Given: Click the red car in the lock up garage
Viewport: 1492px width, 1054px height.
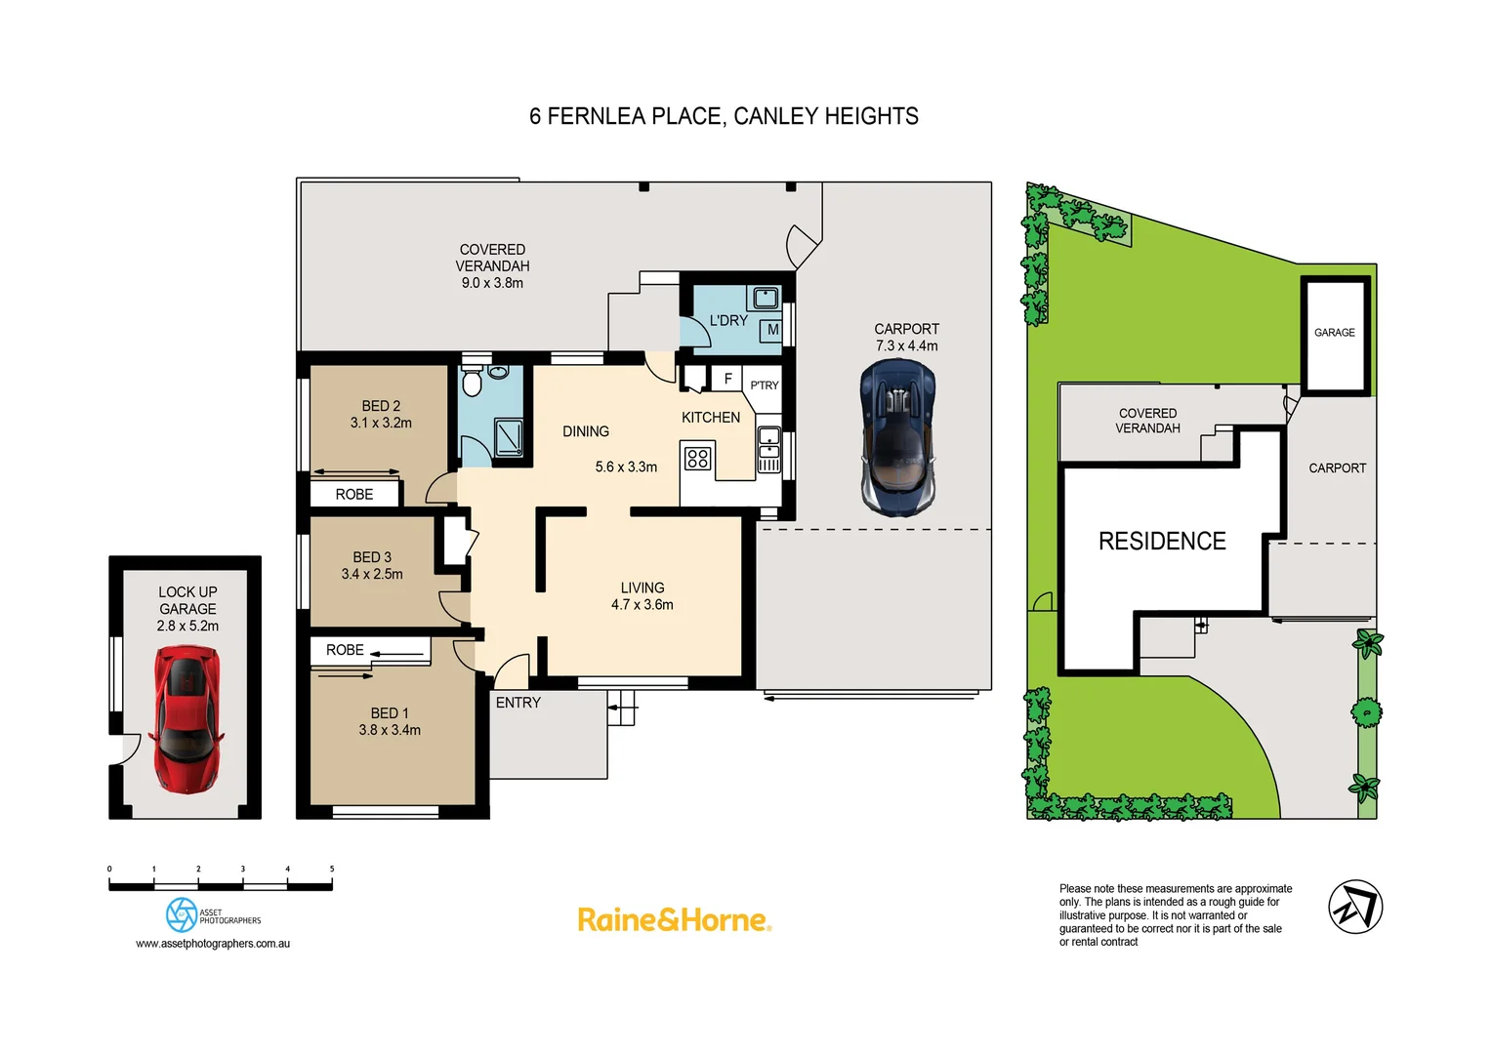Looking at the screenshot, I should (x=186, y=720).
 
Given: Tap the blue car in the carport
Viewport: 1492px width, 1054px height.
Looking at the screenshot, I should (x=897, y=436).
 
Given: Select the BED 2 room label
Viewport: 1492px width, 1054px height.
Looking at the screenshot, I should (x=381, y=406).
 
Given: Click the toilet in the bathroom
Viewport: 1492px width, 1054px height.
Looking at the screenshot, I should (x=472, y=382).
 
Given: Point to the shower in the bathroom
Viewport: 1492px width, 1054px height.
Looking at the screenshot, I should (x=508, y=437).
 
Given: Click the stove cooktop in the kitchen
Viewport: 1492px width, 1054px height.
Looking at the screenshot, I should (x=697, y=458).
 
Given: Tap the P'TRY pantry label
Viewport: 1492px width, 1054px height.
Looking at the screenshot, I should (x=765, y=385).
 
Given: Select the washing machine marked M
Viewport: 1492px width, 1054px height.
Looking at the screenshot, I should (x=772, y=330).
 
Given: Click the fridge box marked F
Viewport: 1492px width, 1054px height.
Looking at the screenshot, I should (x=727, y=379).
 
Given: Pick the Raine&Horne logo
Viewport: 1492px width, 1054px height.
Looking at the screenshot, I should (x=674, y=920).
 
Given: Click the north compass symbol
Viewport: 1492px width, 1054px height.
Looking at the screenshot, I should (x=1355, y=907).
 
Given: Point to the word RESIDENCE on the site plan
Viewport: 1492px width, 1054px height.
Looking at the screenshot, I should (x=1162, y=542).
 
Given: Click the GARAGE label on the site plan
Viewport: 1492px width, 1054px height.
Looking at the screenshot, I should (x=1334, y=333).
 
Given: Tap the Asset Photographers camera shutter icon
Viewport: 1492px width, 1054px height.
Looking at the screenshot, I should (x=182, y=914).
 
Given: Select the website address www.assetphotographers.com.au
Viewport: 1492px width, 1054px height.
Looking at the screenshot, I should (x=213, y=944).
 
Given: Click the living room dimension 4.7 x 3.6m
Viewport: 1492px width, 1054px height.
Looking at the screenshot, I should (x=642, y=605).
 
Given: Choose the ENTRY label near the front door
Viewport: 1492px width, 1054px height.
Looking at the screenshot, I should (x=518, y=703).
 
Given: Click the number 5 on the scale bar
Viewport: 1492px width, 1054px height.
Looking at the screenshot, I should (x=332, y=869).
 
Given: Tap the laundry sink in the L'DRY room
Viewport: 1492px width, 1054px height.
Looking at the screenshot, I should (x=765, y=297).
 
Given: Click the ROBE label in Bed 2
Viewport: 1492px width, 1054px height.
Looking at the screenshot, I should (x=354, y=495).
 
